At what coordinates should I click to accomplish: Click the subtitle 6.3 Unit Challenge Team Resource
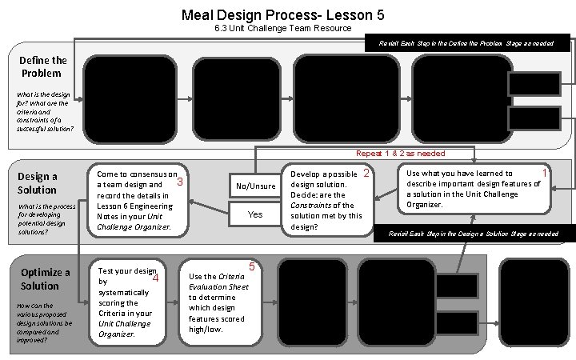pyautogui.click(x=283, y=29)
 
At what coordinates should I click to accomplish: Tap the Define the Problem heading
pyautogui.click(x=44, y=66)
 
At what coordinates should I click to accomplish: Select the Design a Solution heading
pyautogui.click(x=37, y=183)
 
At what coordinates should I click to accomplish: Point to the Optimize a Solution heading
pyautogui.click(x=45, y=278)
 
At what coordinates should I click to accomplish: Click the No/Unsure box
pyautogui.click(x=255, y=186)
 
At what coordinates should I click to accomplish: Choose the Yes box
pyautogui.click(x=255, y=214)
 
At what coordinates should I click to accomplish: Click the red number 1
pyautogui.click(x=545, y=173)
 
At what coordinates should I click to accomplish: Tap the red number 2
pyautogui.click(x=366, y=174)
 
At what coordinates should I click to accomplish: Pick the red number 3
pyautogui.click(x=180, y=182)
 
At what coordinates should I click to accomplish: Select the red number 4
pyautogui.click(x=155, y=278)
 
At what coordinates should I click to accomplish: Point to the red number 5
pyautogui.click(x=251, y=266)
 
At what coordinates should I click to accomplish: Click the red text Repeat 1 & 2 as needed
pyautogui.click(x=400, y=153)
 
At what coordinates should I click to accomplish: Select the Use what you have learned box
pyautogui.click(x=474, y=189)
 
